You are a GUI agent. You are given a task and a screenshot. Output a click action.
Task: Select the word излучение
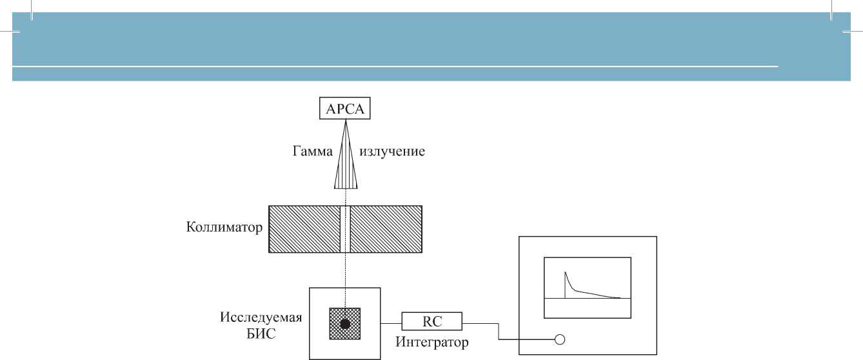[392, 152]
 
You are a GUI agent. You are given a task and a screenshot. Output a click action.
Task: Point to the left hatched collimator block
[304, 228]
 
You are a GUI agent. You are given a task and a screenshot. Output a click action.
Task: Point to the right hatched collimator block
[386, 228]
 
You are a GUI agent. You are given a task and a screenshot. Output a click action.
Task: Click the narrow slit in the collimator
[345, 228]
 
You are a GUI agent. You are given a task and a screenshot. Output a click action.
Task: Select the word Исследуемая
[262, 319]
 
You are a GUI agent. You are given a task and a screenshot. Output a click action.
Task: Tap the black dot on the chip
[345, 324]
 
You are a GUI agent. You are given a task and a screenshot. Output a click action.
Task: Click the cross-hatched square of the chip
[335, 314]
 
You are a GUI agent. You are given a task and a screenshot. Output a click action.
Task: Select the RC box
[432, 321]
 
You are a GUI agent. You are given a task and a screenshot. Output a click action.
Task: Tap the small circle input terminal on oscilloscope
[560, 340]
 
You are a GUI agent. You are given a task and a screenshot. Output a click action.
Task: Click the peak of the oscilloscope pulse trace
[566, 272]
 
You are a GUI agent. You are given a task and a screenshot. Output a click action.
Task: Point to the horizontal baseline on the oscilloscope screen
[587, 298]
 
